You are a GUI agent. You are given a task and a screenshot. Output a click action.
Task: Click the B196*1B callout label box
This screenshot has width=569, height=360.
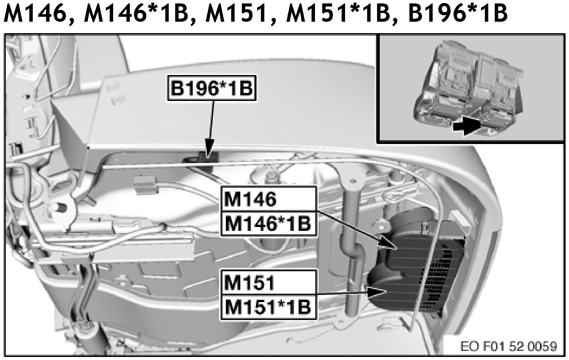coord(212,88)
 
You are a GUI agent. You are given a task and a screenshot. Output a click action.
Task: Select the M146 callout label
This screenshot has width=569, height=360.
coord(269,199)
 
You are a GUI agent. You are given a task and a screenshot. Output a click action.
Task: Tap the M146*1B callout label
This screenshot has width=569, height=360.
coord(269,224)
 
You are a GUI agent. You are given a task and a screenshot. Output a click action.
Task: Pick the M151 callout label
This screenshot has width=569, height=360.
coord(269,283)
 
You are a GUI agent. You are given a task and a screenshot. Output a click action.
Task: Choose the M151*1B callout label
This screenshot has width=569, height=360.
coord(269,307)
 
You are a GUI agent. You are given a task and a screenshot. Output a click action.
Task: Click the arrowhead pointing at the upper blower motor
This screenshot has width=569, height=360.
coord(388,243)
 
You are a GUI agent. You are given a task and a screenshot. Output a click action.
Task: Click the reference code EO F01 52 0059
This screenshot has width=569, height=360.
coord(508,346)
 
